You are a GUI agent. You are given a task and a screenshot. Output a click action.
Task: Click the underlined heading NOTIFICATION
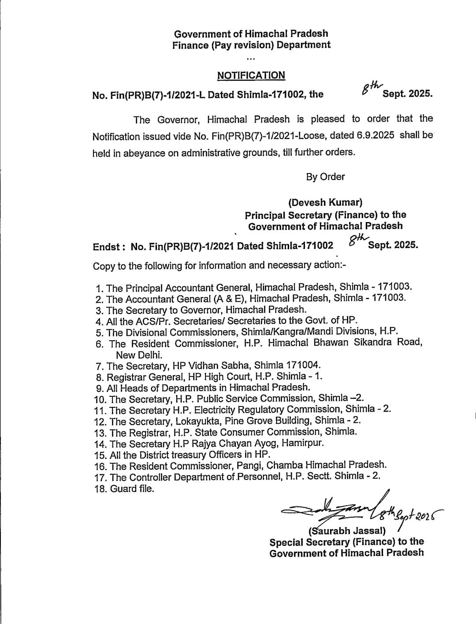coord(251,75)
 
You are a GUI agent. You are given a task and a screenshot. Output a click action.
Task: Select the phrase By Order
coord(325,177)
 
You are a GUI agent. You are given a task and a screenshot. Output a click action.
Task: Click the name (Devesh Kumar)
coord(325,203)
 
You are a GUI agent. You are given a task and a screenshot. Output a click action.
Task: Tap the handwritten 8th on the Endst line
coord(356,239)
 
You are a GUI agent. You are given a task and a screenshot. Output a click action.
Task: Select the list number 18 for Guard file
coord(100,489)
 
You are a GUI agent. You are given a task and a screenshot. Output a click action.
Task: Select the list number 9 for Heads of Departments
coord(99,388)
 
